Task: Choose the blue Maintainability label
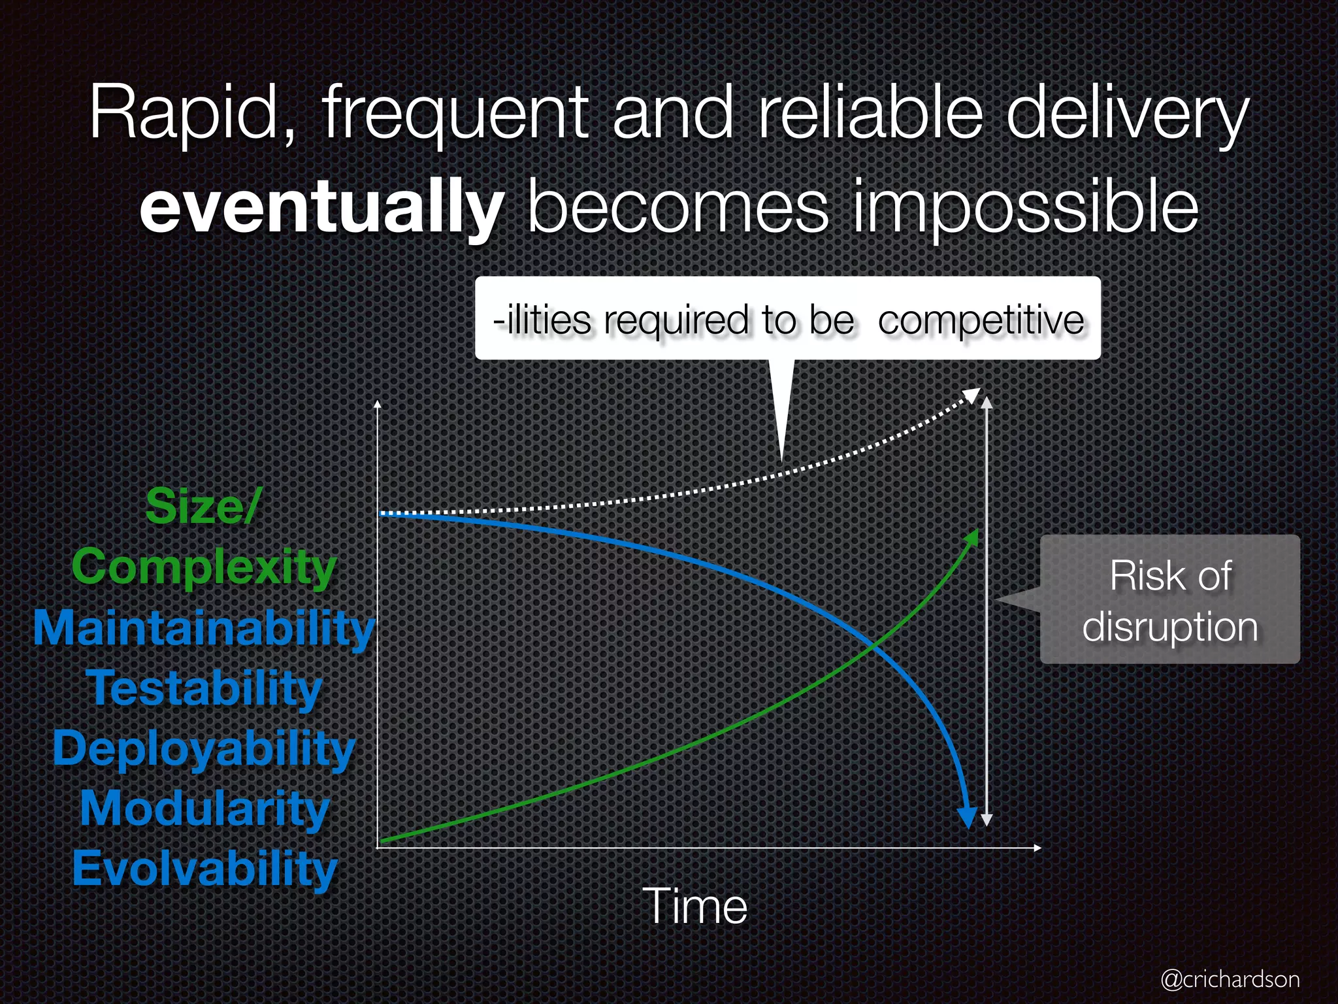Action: click(x=203, y=627)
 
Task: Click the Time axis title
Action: click(x=694, y=907)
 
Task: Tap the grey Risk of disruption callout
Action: click(x=1169, y=600)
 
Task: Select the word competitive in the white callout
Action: click(x=981, y=320)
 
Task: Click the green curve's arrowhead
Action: click(x=973, y=537)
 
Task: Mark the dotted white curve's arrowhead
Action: click(x=973, y=395)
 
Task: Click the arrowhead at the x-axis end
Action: click(x=1037, y=848)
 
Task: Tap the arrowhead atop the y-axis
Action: click(x=377, y=404)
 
